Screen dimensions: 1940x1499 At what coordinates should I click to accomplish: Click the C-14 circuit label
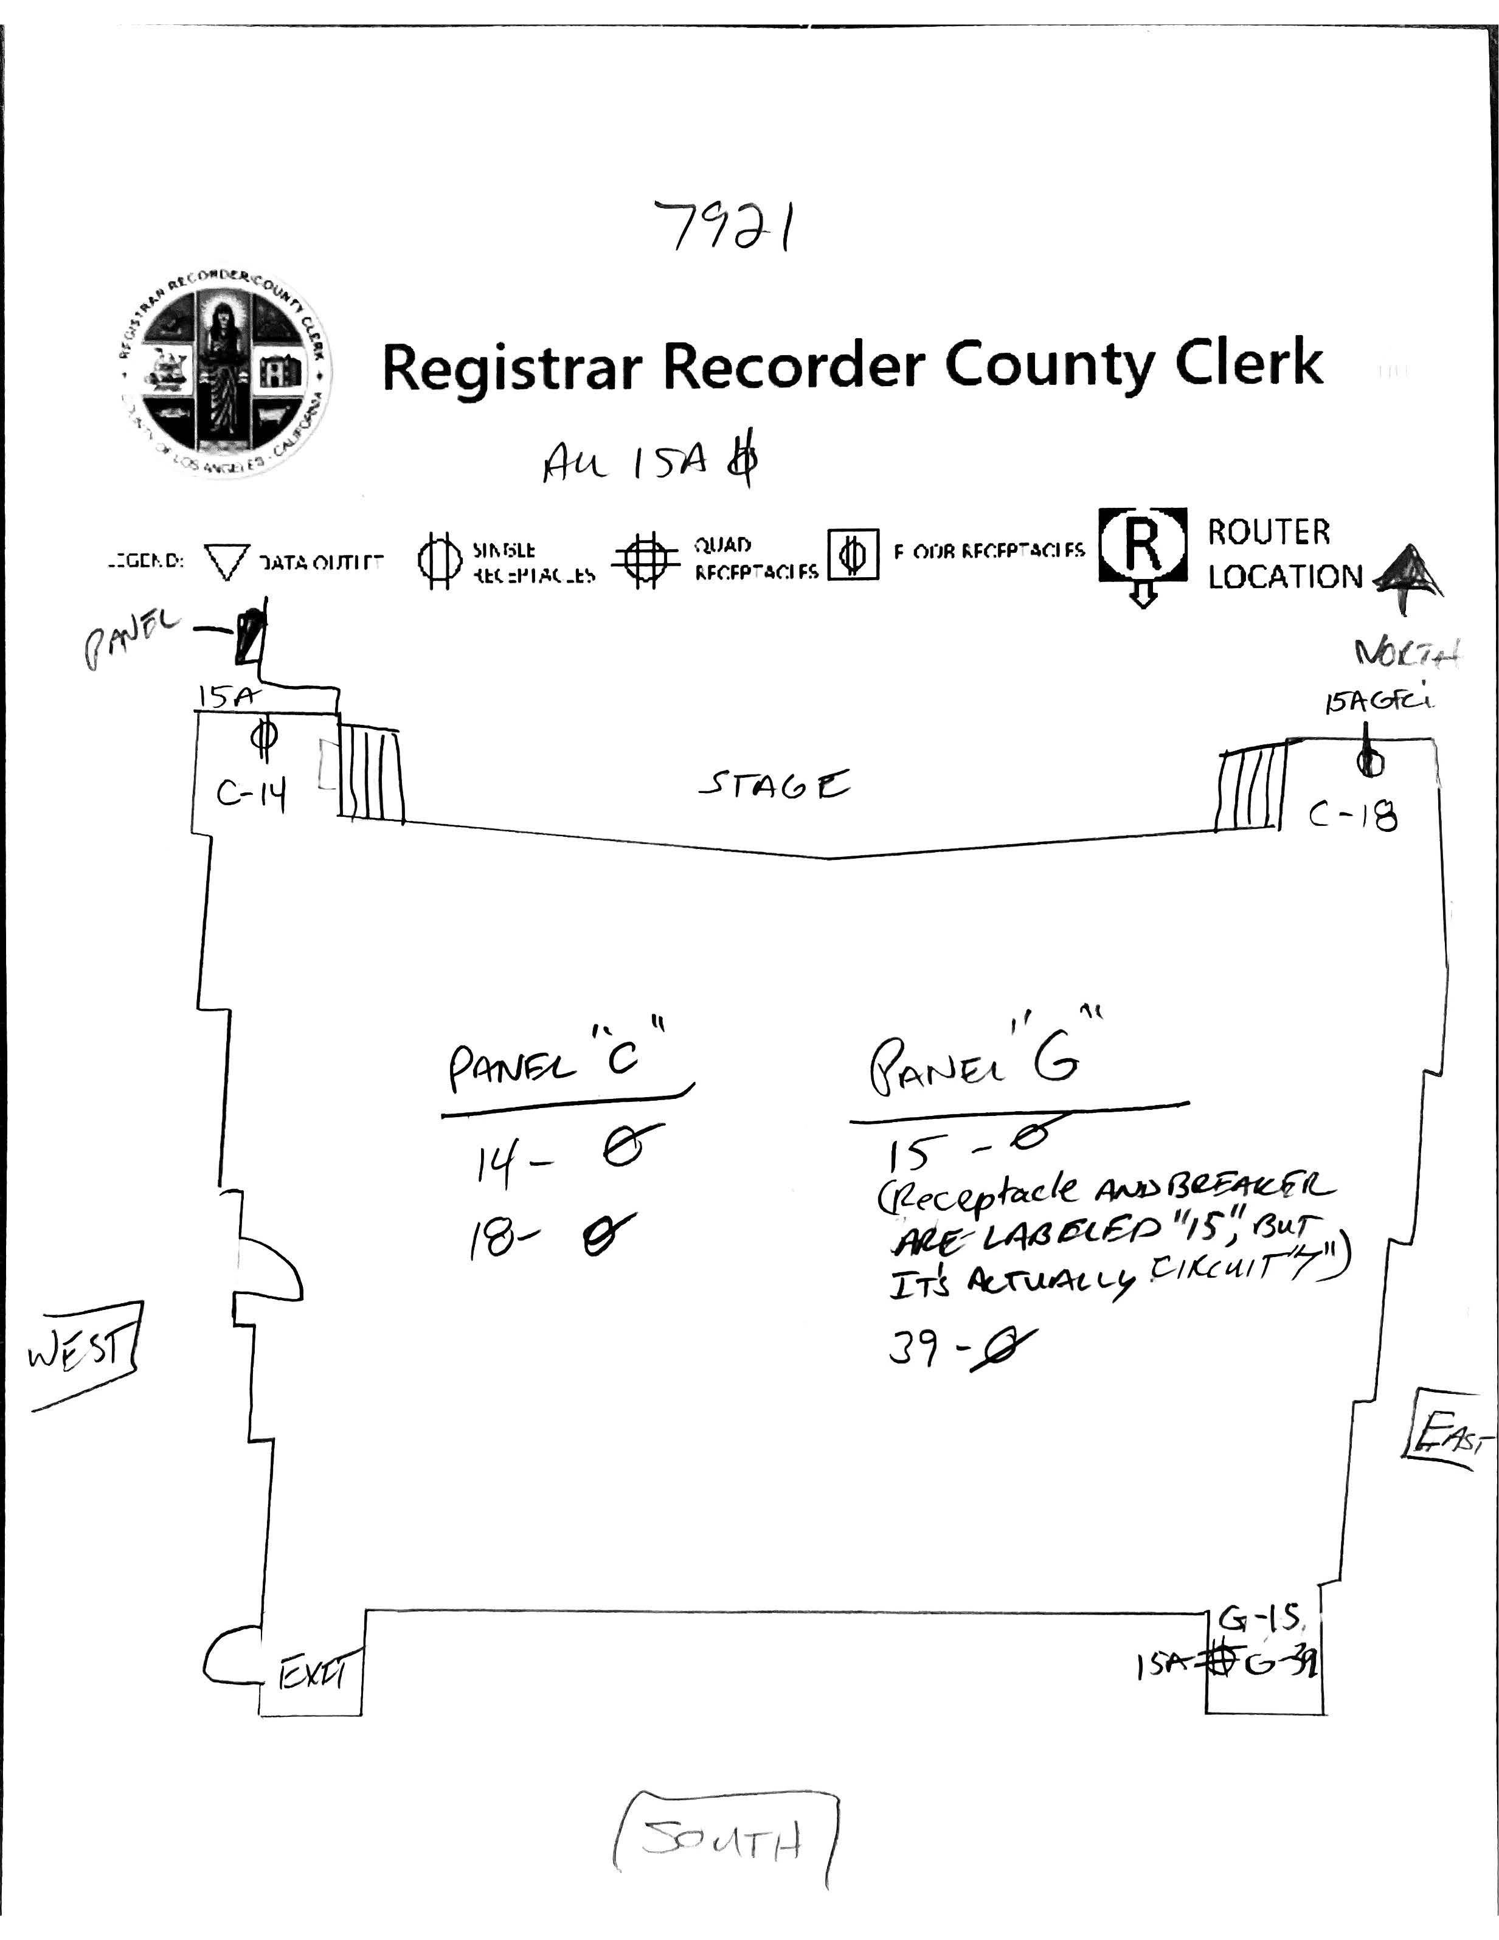click(x=251, y=796)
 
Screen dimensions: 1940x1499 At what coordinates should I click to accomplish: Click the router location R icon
click(x=1143, y=546)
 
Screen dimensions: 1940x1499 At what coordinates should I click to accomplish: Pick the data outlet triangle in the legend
click(x=227, y=561)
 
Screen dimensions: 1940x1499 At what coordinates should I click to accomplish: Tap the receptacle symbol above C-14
click(x=263, y=737)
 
